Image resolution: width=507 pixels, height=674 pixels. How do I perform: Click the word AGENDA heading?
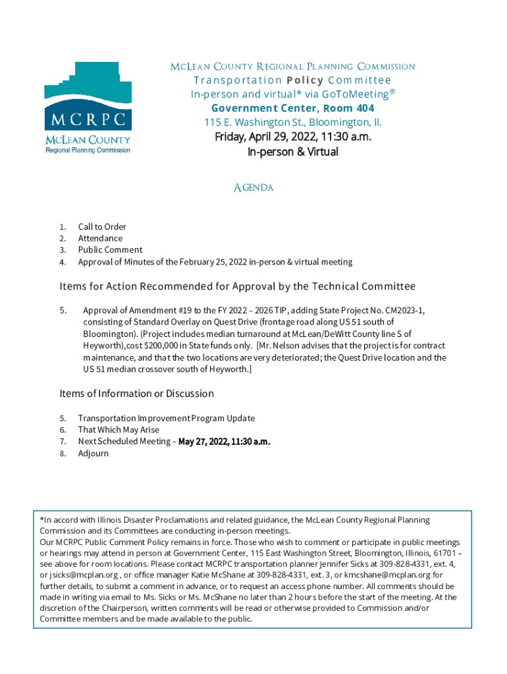click(254, 188)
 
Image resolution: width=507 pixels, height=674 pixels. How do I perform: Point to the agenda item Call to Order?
click(102, 226)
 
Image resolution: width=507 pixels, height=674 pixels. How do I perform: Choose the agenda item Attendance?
click(100, 238)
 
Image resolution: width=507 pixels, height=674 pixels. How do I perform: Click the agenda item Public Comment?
click(110, 250)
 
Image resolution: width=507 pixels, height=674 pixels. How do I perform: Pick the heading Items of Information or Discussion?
click(136, 394)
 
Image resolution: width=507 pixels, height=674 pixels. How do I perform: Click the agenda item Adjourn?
click(93, 454)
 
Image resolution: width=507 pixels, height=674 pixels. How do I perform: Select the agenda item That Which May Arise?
click(119, 430)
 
